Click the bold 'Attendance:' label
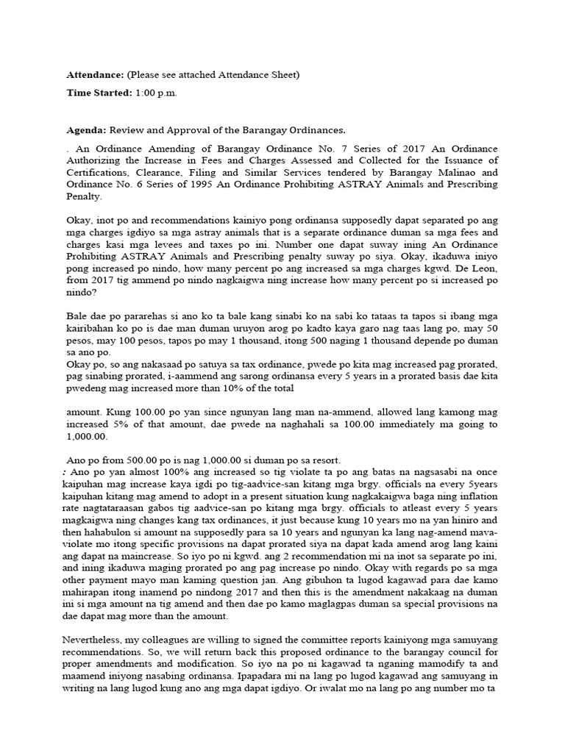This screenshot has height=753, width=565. [95, 75]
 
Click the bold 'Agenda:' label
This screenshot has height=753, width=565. [87, 130]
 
